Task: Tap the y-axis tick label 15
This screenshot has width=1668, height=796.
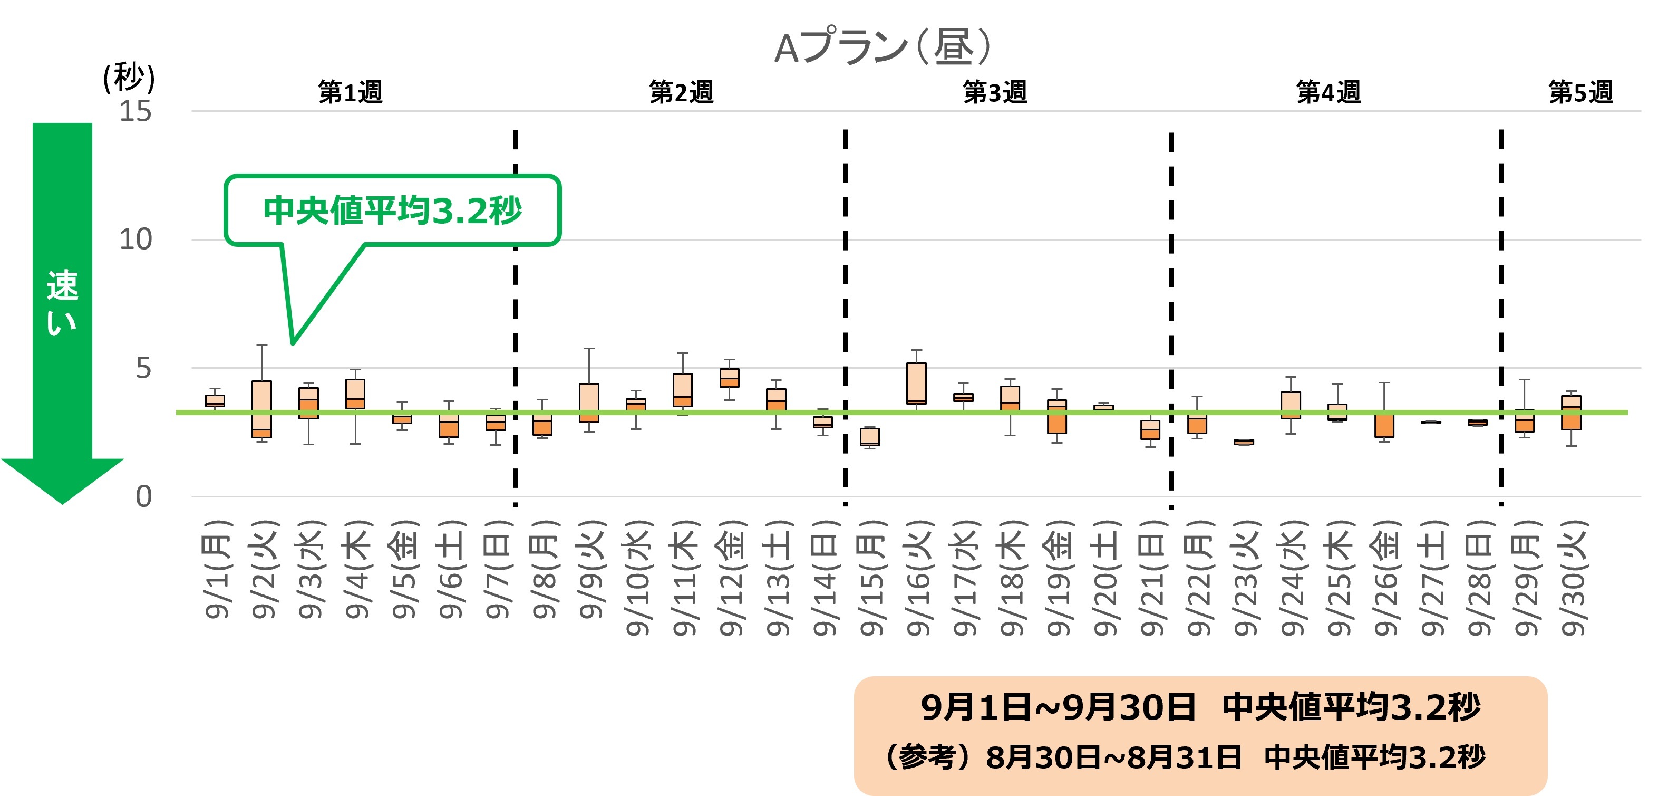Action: pyautogui.click(x=135, y=111)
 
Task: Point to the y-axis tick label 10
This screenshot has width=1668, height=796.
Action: pyautogui.click(x=135, y=239)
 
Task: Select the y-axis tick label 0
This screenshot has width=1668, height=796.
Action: pyautogui.click(x=143, y=497)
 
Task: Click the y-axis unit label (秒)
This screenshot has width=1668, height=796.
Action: pyautogui.click(x=129, y=78)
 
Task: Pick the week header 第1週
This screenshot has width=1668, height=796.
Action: pyautogui.click(x=350, y=92)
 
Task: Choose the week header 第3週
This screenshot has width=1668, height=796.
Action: pyautogui.click(x=995, y=92)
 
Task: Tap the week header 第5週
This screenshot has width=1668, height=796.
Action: pyautogui.click(x=1580, y=92)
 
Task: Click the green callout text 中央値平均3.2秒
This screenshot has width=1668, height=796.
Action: pyautogui.click(x=392, y=210)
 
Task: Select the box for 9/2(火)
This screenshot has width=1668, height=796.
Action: pyautogui.click(x=261, y=409)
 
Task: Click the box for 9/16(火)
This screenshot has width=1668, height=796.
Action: pyautogui.click(x=916, y=383)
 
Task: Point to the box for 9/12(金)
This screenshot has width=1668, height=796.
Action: pyautogui.click(x=729, y=378)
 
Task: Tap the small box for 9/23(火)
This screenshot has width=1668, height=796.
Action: pyautogui.click(x=1243, y=442)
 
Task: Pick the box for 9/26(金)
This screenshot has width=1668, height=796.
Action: pyautogui.click(x=1384, y=424)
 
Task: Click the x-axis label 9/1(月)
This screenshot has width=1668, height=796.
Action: pyautogui.click(x=218, y=569)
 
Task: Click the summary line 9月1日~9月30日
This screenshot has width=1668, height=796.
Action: pyautogui.click(x=1058, y=707)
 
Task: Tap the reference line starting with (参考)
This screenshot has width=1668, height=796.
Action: pyautogui.click(x=1185, y=757)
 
